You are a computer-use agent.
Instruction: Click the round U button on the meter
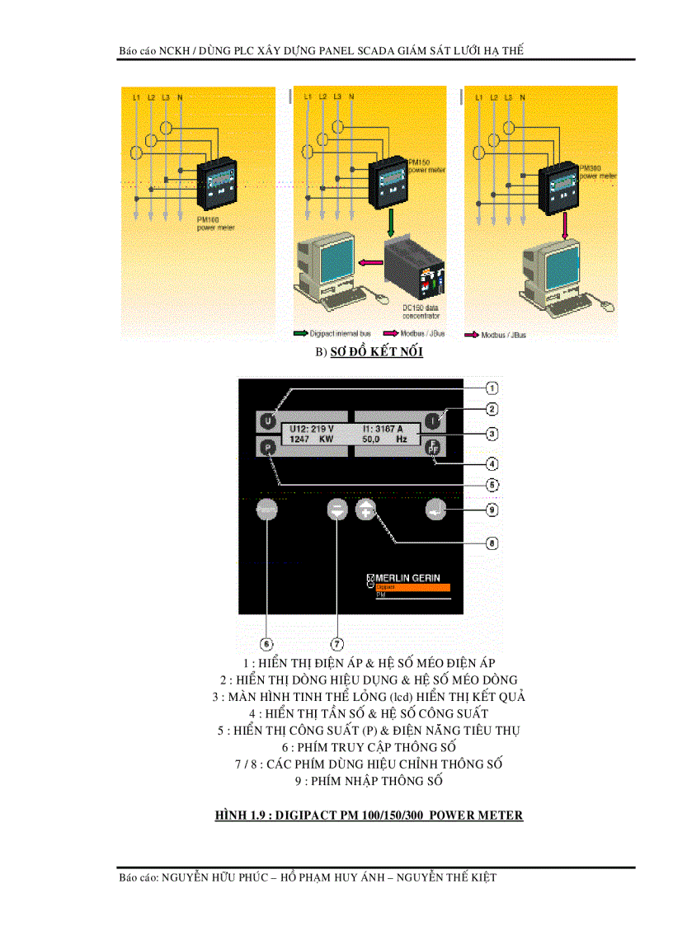coord(266,421)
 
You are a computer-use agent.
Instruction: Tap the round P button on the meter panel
coord(266,448)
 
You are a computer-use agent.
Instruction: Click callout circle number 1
coord(491,388)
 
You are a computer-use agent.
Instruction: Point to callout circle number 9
coord(491,510)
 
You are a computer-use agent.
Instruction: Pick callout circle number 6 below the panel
coord(266,643)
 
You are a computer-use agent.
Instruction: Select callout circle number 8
coord(491,543)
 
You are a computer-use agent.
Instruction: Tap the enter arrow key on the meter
coord(435,510)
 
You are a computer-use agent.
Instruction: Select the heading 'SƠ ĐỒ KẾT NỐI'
coord(377,353)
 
